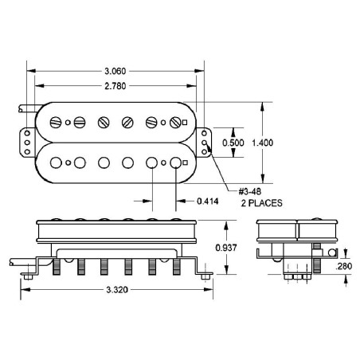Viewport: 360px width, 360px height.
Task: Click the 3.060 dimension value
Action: pos(115,71)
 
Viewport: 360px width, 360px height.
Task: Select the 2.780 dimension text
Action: pos(115,86)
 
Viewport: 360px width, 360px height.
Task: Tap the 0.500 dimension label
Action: pos(233,143)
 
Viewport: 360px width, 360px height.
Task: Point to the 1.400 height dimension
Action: pos(262,143)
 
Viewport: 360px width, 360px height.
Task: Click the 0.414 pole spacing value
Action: pos(208,202)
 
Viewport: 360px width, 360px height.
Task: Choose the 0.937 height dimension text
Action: pos(226,248)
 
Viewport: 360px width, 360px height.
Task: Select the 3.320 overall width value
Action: pos(117,290)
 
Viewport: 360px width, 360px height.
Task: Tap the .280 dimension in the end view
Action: pos(344,266)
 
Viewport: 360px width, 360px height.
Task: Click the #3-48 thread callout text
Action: pos(249,191)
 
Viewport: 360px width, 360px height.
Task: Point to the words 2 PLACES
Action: pos(261,203)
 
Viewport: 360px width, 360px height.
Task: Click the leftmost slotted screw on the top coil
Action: pos(56,123)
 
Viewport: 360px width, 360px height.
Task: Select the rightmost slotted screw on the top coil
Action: pos(175,123)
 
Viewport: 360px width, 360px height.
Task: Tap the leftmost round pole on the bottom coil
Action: pos(56,162)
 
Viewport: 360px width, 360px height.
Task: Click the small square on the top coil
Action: pos(185,123)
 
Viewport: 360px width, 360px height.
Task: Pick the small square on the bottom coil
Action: pos(185,162)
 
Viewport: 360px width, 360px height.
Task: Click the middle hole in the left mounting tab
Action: pos(27,143)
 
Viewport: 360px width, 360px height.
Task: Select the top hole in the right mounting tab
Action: pos(204,133)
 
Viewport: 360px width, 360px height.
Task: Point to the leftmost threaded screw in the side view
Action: pos(57,267)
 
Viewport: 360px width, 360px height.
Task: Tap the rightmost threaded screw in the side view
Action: pos(177,267)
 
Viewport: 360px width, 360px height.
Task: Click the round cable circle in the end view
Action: pos(331,252)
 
